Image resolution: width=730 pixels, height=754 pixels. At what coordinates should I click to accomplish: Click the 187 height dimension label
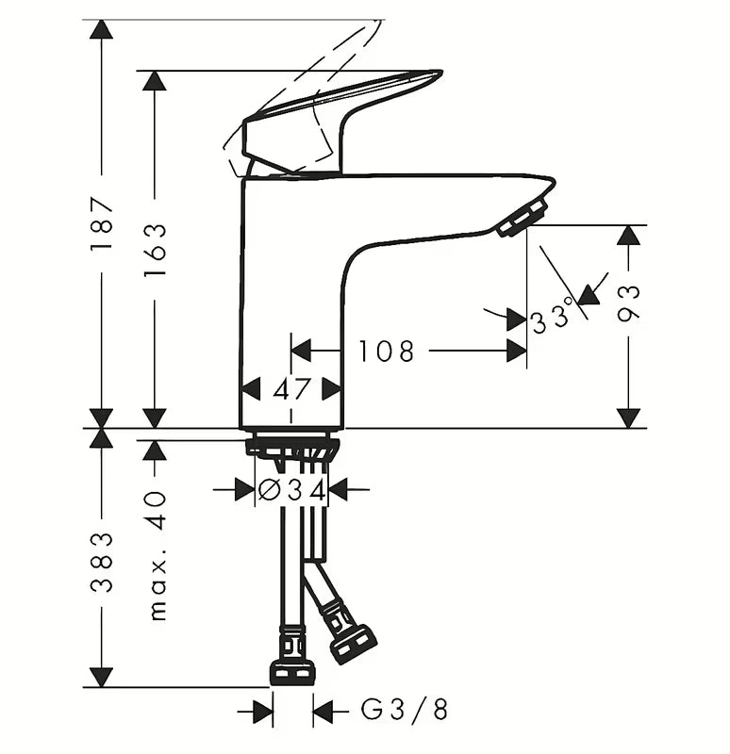tap(102, 223)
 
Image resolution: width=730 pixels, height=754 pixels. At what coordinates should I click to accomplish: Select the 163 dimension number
tap(155, 249)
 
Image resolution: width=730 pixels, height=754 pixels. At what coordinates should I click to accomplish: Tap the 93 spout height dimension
tap(629, 303)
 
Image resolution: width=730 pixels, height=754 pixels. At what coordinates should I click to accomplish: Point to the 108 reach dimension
tap(386, 352)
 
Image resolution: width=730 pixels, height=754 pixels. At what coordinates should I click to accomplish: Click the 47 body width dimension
tap(291, 388)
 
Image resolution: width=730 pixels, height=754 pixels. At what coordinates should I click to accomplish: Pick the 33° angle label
tap(553, 317)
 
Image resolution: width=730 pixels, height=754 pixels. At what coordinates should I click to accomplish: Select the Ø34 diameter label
tap(291, 490)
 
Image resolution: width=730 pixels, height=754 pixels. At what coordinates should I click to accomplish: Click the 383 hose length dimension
tap(102, 563)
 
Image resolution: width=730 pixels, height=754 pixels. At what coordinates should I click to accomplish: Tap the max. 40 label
tap(157, 555)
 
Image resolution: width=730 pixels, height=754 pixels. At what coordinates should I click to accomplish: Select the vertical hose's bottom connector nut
tap(291, 670)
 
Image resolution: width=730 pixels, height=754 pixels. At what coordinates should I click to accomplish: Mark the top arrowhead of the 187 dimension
tap(102, 29)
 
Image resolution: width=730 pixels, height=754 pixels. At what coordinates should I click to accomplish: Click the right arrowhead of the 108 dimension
tap(516, 352)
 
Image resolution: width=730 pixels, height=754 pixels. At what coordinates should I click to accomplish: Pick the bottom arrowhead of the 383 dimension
tap(102, 677)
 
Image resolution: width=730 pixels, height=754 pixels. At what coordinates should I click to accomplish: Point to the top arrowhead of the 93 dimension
tap(629, 235)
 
